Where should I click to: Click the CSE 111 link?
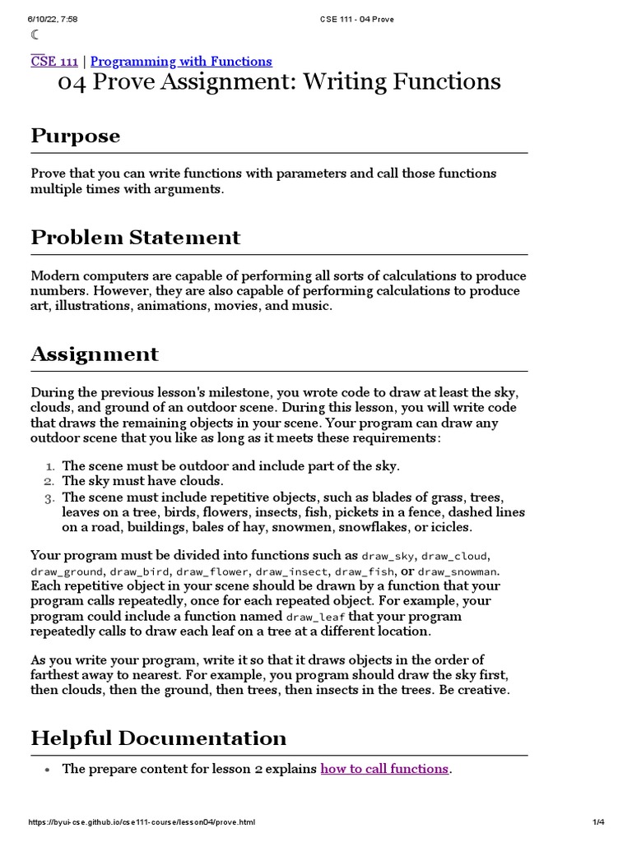(54, 62)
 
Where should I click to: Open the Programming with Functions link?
(181, 62)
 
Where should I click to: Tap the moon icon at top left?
(35, 35)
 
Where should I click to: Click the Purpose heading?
(75, 136)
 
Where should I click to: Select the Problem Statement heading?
(136, 238)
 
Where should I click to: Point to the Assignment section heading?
(95, 354)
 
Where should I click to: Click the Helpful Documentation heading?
(158, 738)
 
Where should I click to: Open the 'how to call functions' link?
(384, 769)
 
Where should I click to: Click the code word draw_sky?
(391, 556)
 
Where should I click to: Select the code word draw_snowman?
(458, 571)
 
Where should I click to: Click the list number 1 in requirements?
(49, 466)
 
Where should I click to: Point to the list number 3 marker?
(49, 497)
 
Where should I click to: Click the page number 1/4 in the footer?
(598, 821)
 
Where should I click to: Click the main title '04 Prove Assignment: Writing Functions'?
(279, 82)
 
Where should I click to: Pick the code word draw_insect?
(291, 571)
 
